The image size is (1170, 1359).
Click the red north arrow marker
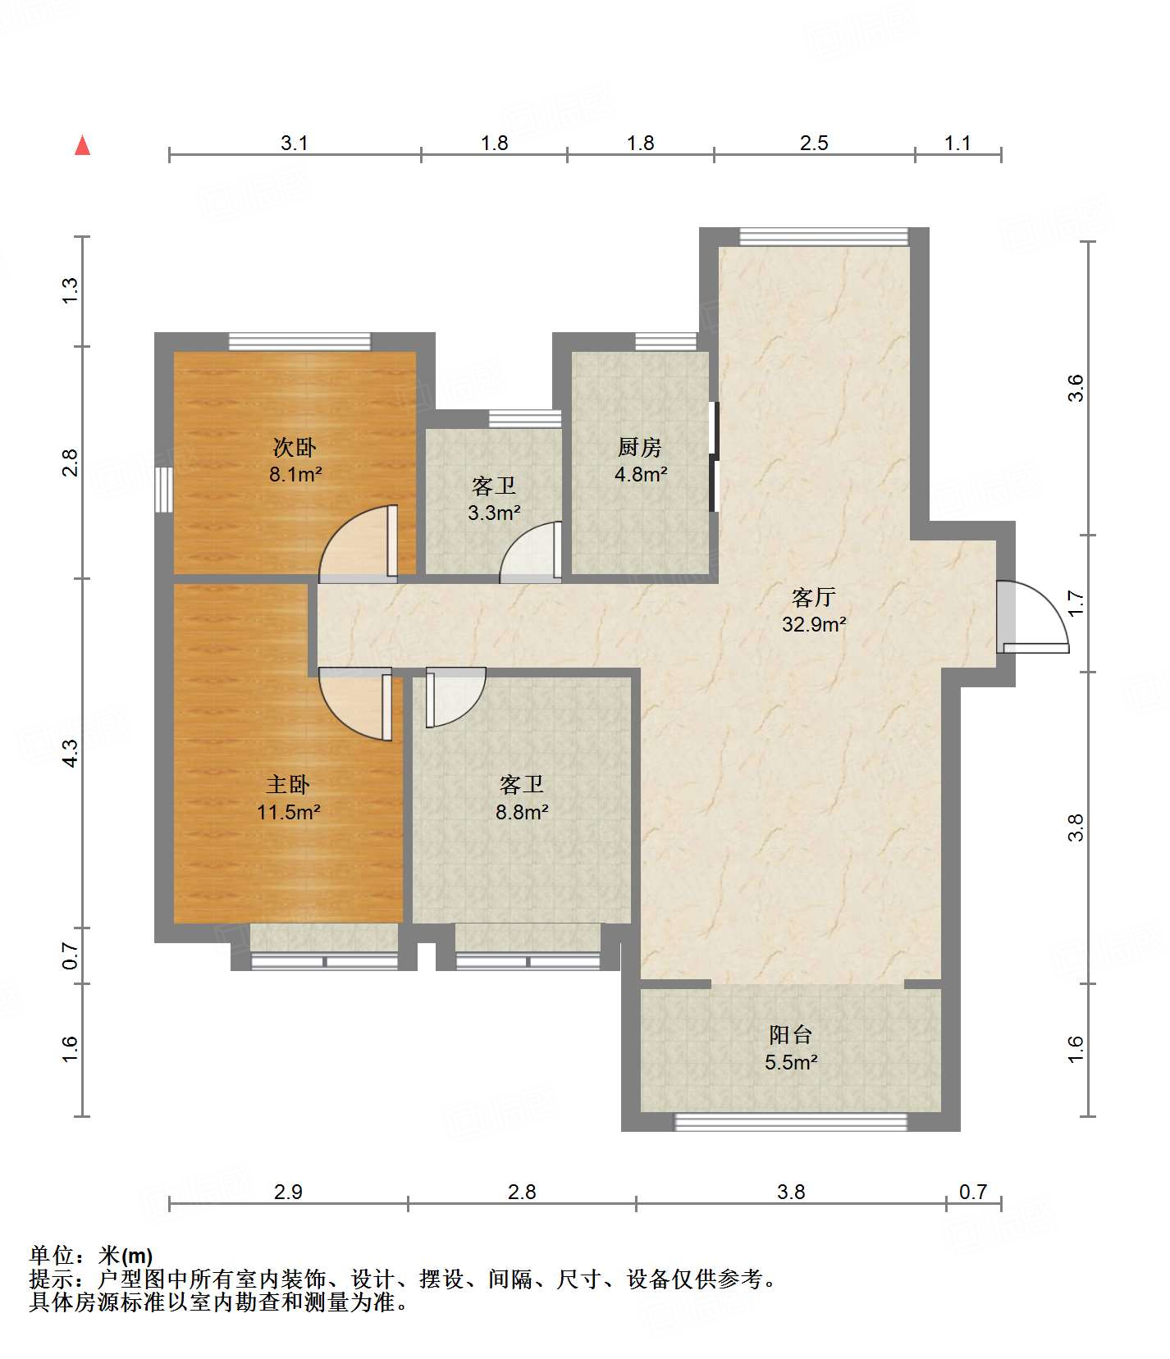coord(82,145)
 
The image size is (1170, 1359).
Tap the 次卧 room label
coord(295,447)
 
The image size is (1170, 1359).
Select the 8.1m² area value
coord(295,474)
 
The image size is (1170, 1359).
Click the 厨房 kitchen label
coord(640,447)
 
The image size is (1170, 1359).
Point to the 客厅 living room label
coord(814,596)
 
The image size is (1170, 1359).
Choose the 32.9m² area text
coord(814,624)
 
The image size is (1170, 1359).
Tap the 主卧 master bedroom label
coord(288,785)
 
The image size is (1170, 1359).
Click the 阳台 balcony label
coord(791,1035)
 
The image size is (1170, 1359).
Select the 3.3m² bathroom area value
coord(494,513)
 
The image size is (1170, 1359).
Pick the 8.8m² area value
coord(522,812)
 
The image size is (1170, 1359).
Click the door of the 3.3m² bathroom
coord(531,551)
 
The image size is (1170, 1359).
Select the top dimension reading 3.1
coord(295,143)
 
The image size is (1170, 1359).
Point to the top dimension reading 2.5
coord(814,143)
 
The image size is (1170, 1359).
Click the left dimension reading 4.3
coord(71,753)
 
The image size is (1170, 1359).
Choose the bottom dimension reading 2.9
coord(288,1192)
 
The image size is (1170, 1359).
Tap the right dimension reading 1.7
coord(1076,603)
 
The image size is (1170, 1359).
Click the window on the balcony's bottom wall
coord(791,1122)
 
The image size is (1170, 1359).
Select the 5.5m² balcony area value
coord(791,1063)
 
